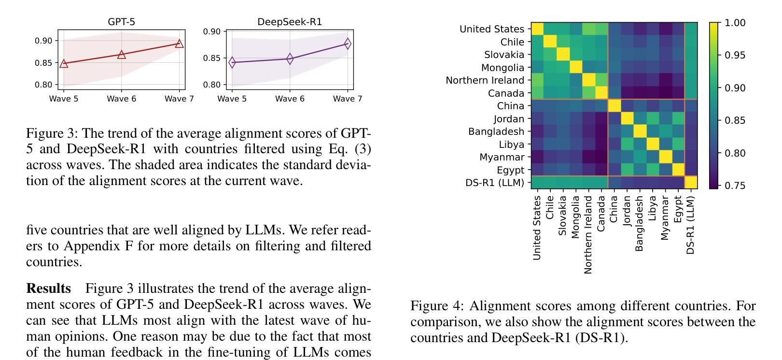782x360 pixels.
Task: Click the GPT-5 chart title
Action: click(x=121, y=22)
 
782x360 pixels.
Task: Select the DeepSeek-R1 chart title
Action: click(x=290, y=22)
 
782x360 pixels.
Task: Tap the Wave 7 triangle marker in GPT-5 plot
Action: click(x=179, y=43)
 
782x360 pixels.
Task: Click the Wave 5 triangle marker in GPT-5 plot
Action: click(x=64, y=63)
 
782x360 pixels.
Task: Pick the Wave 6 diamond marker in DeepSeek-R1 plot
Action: click(x=290, y=59)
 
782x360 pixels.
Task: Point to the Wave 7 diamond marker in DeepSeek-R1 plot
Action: click(x=348, y=44)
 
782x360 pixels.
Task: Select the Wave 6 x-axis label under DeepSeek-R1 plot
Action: click(x=290, y=99)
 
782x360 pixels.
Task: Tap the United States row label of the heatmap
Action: click(x=491, y=29)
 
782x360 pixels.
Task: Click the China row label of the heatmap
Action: click(x=510, y=106)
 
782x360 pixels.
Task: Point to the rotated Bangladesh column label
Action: click(x=639, y=223)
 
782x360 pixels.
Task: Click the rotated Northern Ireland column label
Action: click(x=588, y=234)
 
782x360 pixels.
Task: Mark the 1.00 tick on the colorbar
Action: click(x=735, y=23)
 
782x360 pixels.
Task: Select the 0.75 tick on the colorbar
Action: click(x=735, y=186)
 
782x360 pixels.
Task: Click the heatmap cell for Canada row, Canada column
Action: click(x=601, y=93)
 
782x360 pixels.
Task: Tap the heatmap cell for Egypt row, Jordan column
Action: click(x=627, y=170)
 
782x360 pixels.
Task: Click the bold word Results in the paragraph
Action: click(x=48, y=288)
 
